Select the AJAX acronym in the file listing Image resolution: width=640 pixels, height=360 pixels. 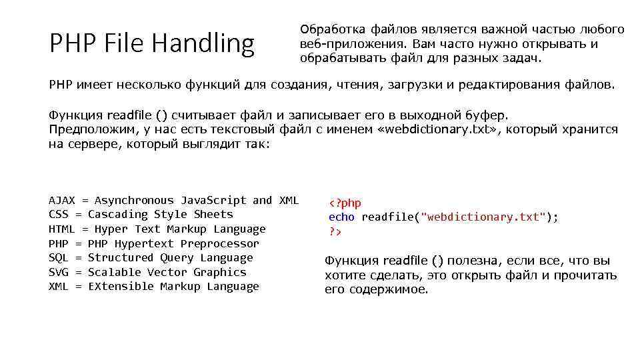62,200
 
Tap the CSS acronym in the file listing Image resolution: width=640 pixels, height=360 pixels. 59,214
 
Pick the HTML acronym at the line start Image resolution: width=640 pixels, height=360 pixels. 62,229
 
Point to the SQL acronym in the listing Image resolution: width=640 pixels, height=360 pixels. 59,257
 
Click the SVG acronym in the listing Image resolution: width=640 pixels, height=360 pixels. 59,272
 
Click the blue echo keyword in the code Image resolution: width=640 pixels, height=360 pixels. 342,217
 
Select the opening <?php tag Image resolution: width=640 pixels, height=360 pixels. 345,203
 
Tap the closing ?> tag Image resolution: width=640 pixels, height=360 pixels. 335,231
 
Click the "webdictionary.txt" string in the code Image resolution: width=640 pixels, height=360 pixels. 486,217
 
